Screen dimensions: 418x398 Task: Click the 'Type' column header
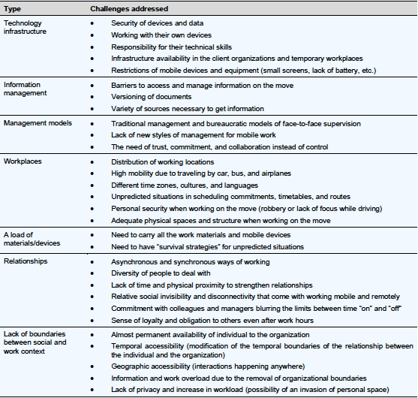(x=12, y=8)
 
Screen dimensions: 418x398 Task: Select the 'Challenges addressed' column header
(x=128, y=8)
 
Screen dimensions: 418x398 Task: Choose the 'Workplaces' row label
(x=23, y=161)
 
